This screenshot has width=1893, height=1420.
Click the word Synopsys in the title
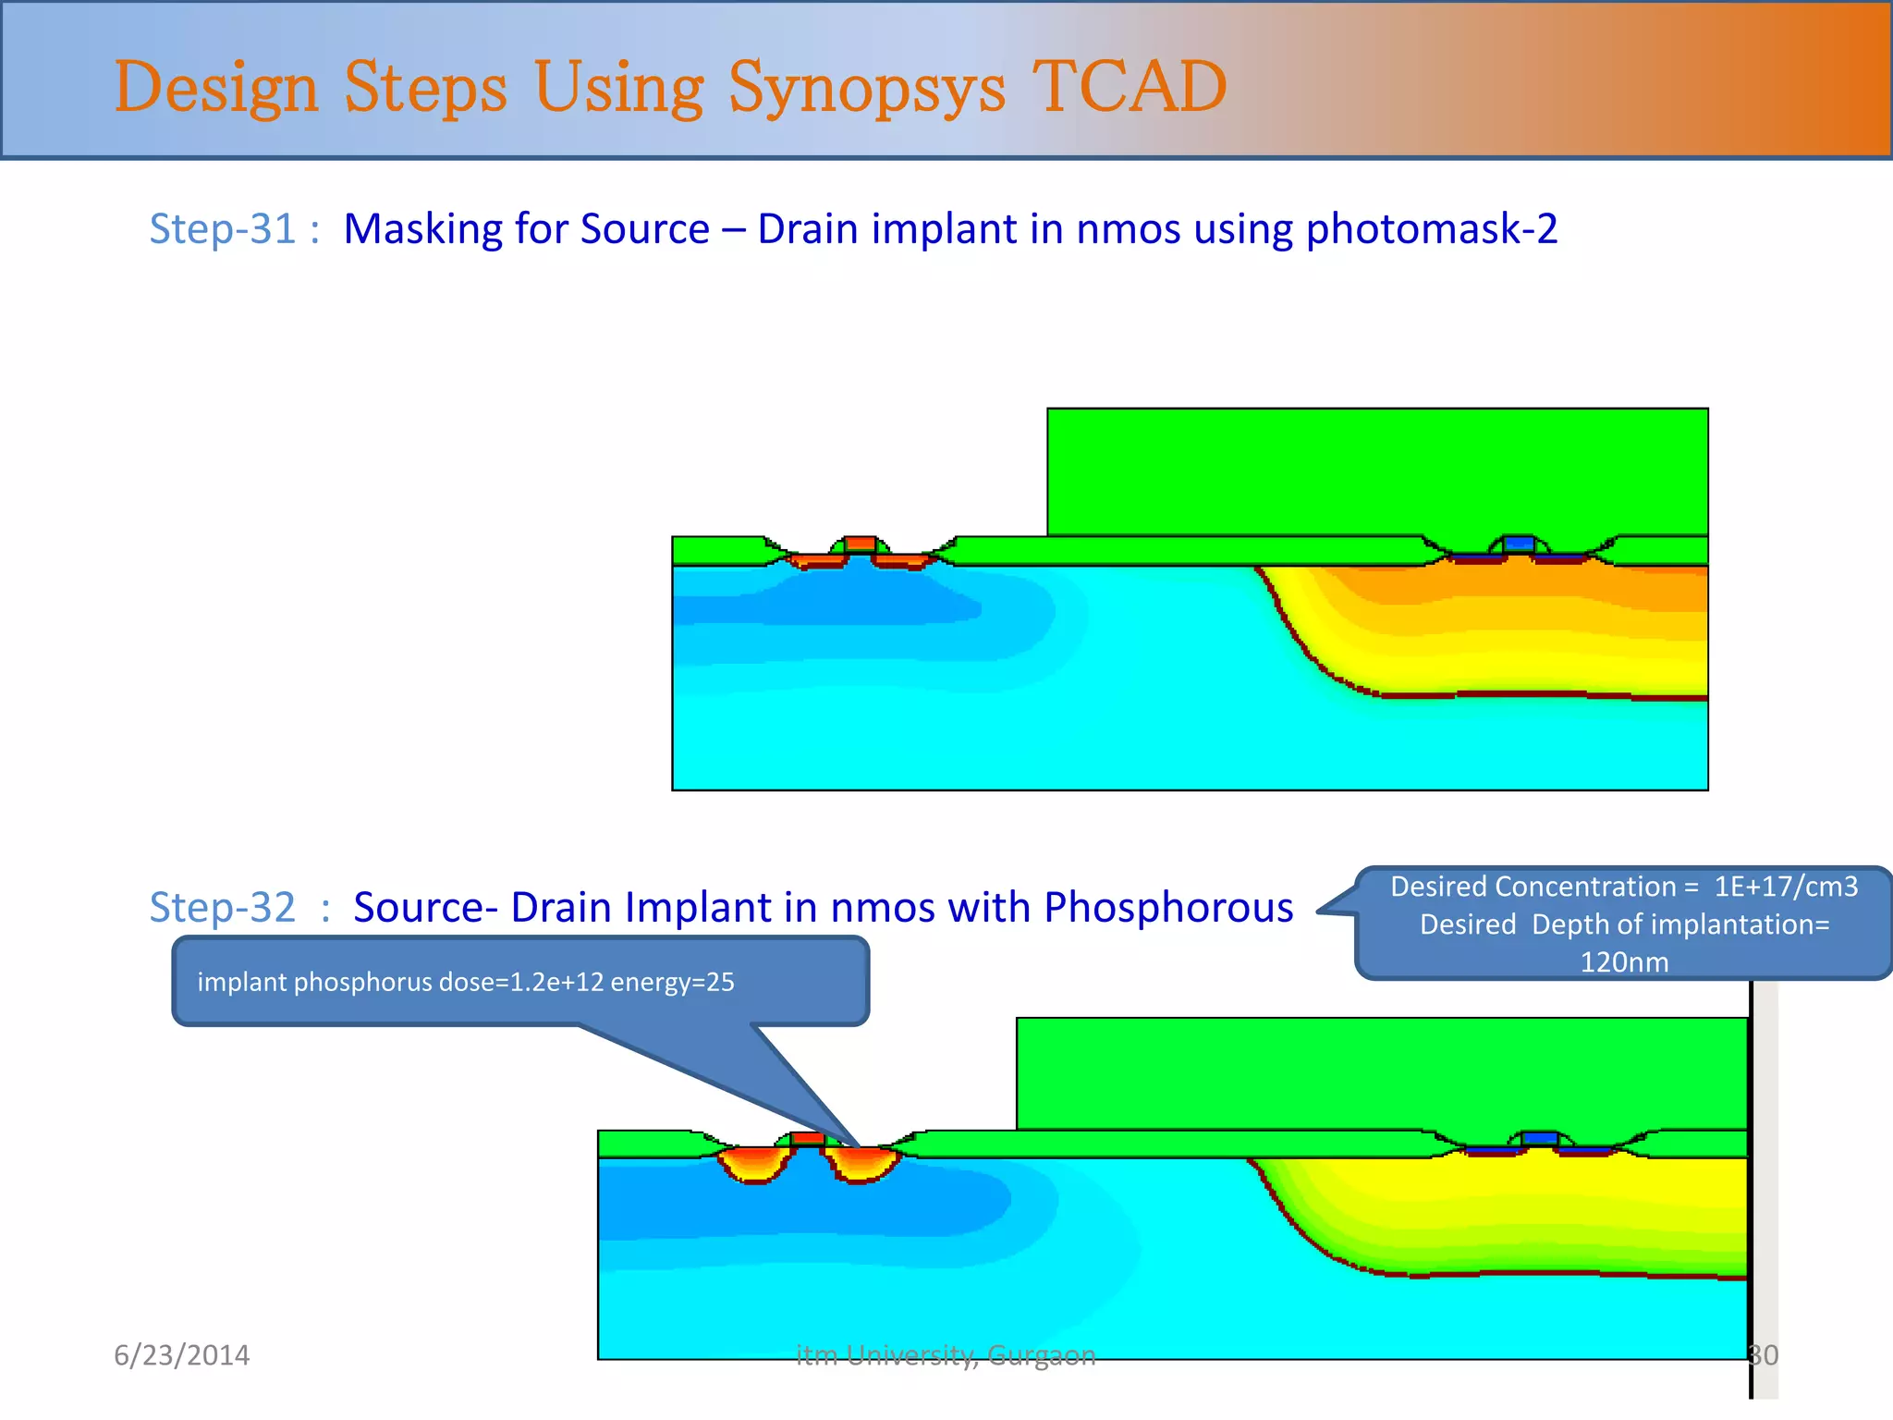866,89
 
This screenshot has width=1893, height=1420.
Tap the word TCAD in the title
1129,87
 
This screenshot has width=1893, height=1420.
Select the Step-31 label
223,229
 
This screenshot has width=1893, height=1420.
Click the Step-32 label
223,907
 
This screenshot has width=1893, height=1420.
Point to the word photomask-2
1432,229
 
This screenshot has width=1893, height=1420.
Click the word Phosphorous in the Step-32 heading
1168,907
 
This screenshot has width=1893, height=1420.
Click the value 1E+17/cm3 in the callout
1785,887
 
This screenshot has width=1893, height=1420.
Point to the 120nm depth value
1624,962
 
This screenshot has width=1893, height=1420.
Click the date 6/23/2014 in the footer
181,1355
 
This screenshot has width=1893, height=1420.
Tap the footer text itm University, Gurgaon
946,1355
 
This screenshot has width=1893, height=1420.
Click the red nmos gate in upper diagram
860,544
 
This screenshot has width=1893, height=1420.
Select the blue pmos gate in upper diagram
1519,544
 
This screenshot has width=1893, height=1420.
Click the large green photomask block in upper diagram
1377,471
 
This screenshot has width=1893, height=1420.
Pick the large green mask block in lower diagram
1382,1072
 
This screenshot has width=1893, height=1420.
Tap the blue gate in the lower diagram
1539,1138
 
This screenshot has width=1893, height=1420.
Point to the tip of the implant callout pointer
859,1147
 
